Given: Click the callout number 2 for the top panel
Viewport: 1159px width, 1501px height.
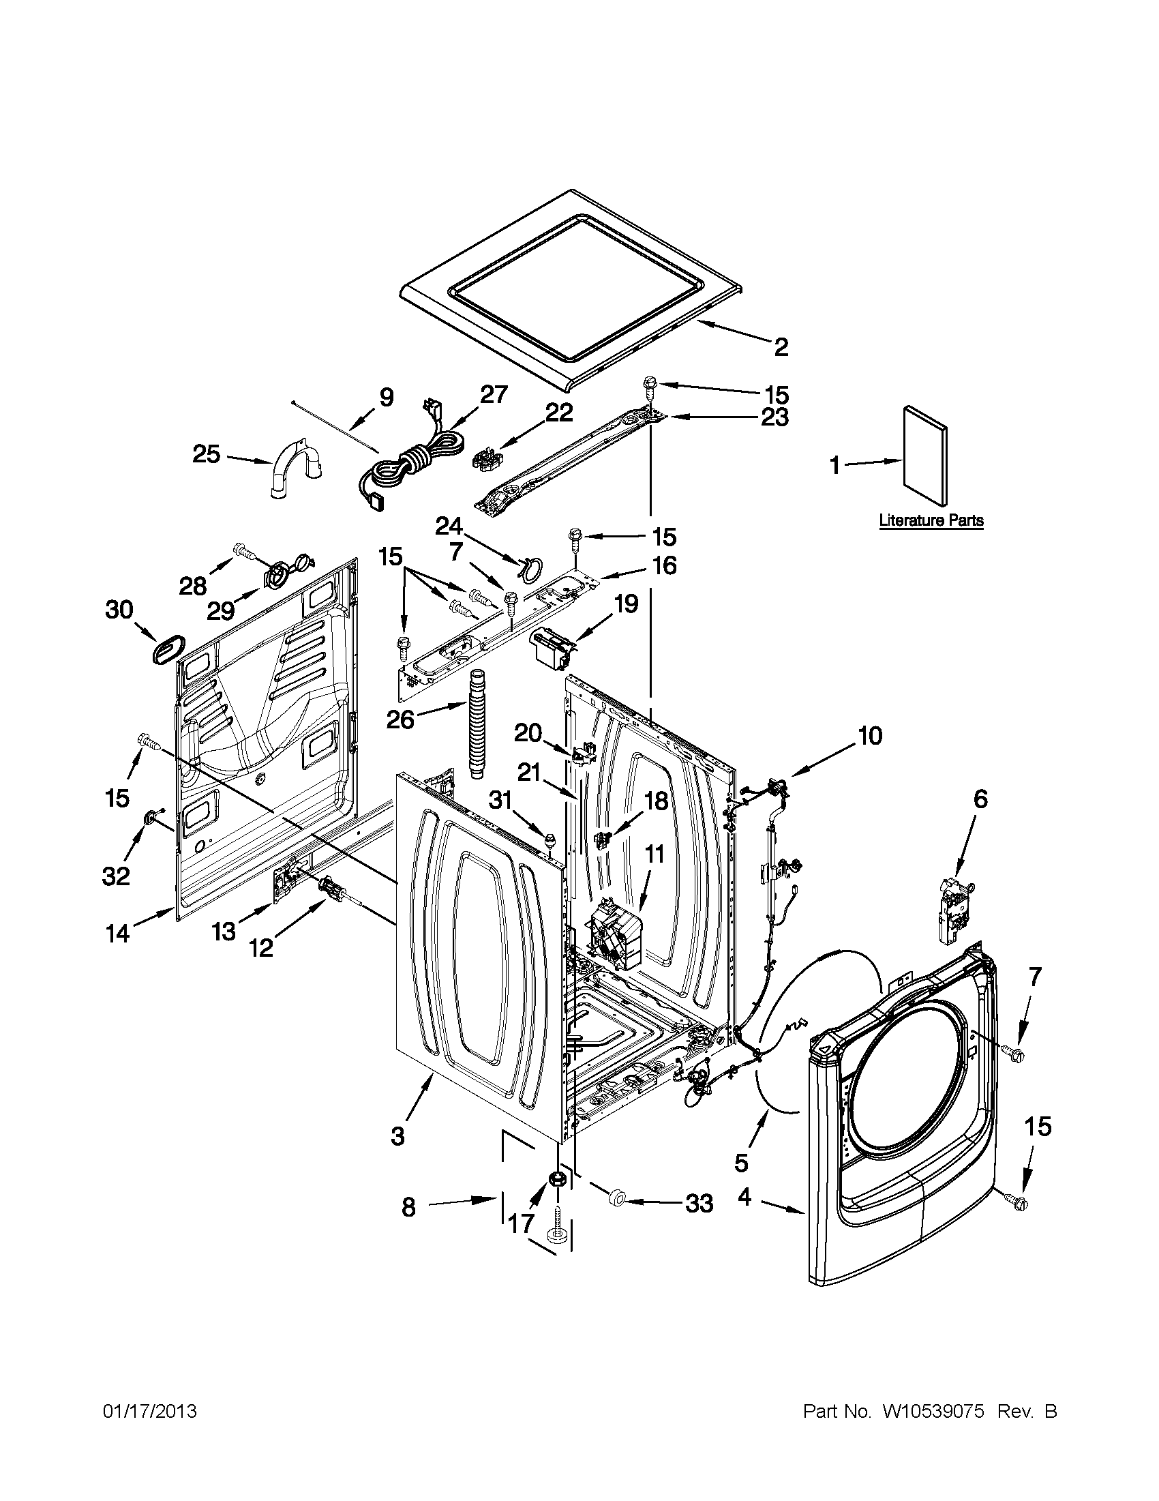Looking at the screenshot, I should (x=781, y=347).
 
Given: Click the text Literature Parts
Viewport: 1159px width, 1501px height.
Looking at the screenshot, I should (x=931, y=520).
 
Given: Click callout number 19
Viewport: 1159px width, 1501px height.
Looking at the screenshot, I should (x=626, y=604).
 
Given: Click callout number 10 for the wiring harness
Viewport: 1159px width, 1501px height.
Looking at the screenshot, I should (x=869, y=736).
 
